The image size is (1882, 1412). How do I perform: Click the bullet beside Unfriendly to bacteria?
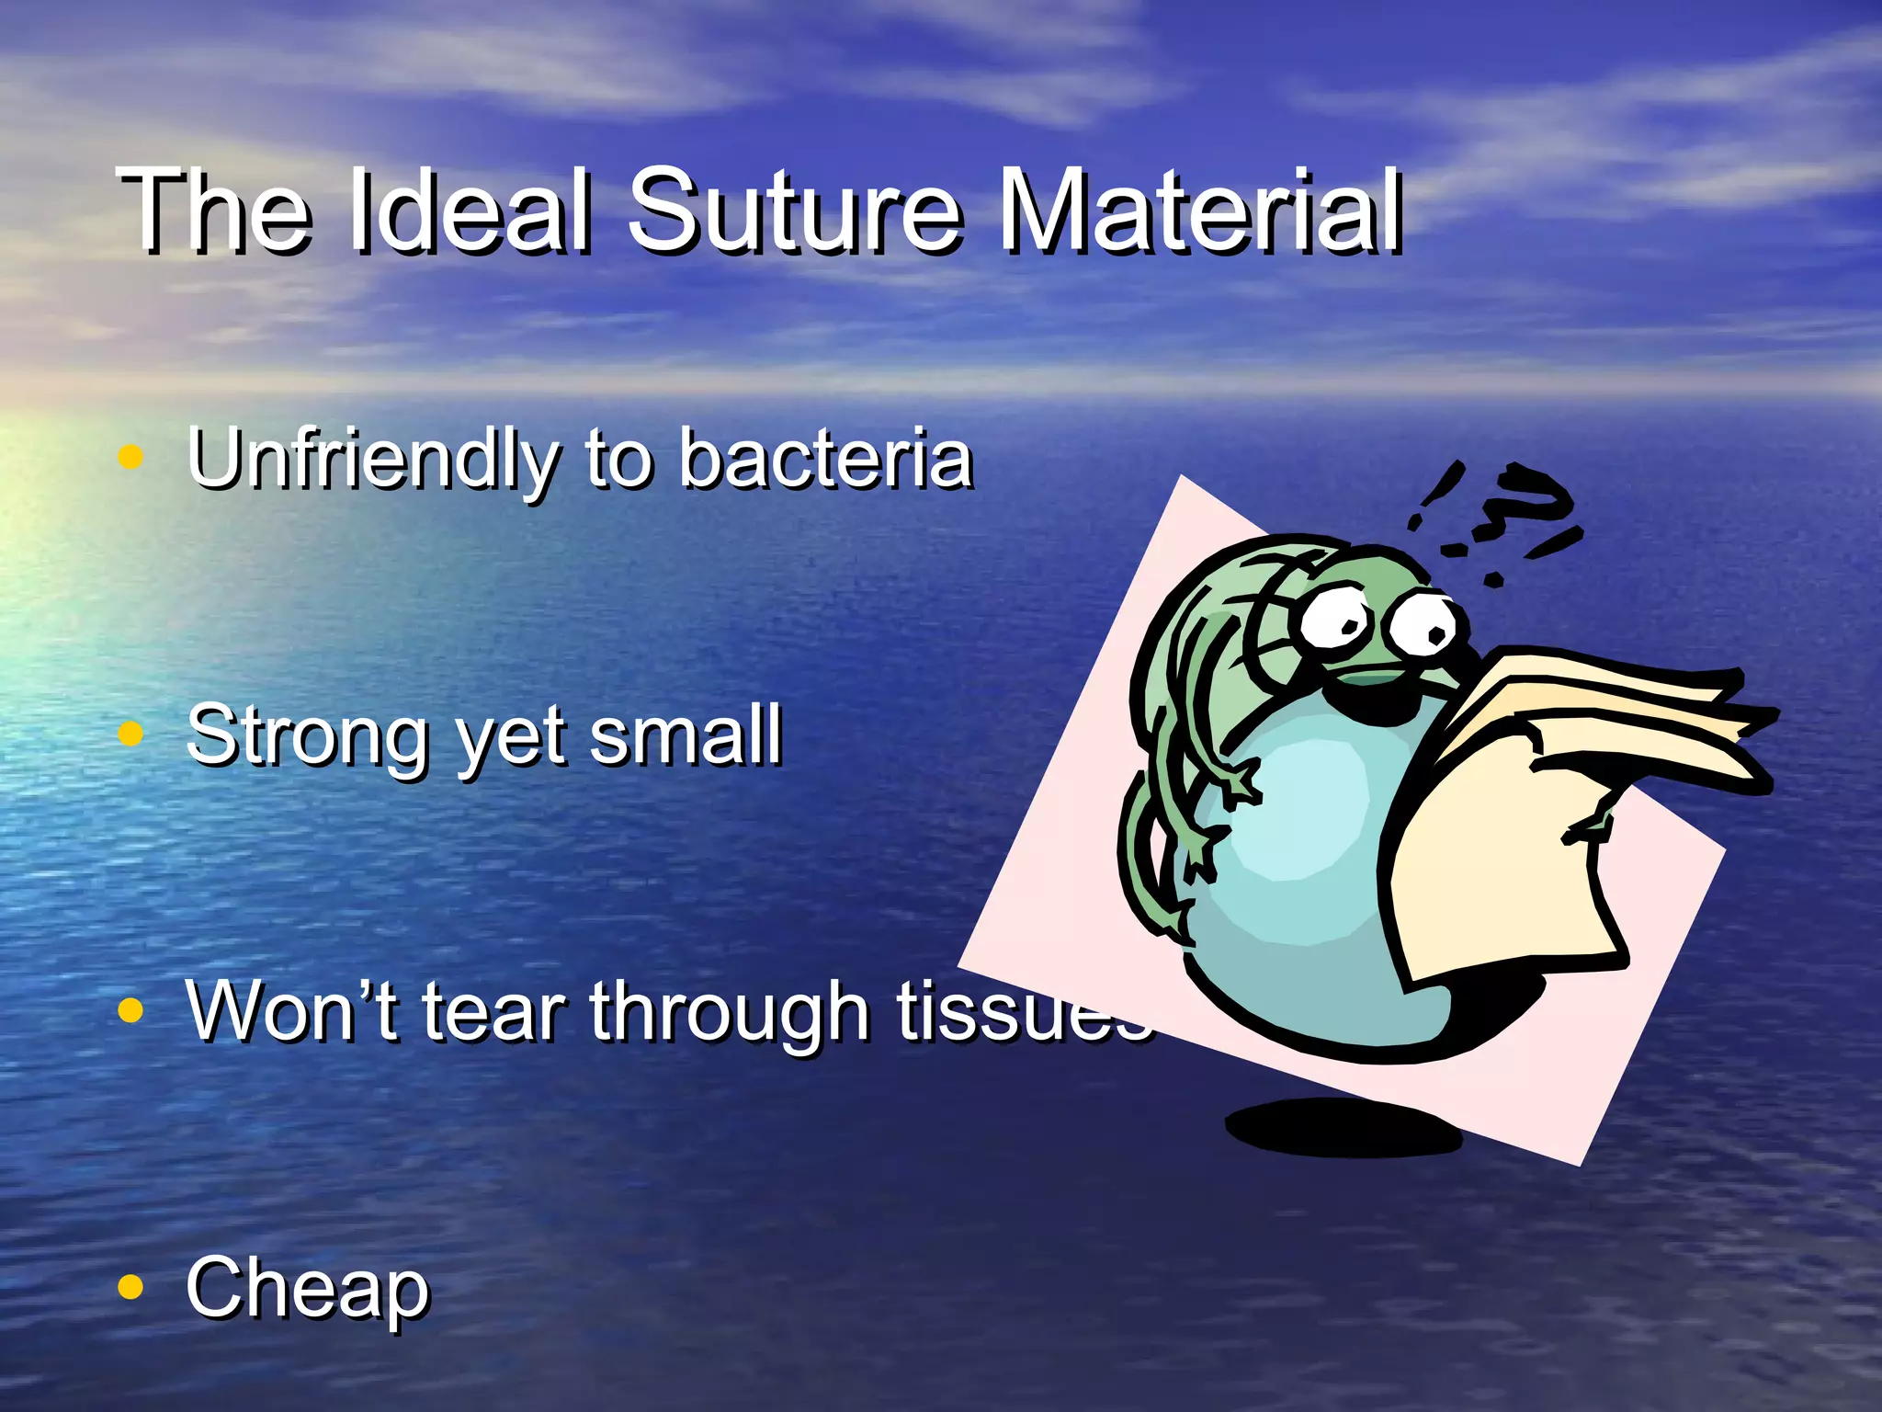pos(131,457)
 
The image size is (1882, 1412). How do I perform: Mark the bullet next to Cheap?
pos(131,1287)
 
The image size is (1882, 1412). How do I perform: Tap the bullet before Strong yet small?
pos(131,734)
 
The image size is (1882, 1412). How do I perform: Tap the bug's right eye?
pos(1424,625)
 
